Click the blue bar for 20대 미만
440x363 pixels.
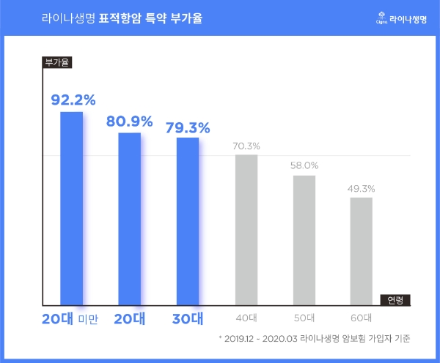pos(71,209)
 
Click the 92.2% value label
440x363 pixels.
pos(73,99)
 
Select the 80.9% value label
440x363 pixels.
pos(129,120)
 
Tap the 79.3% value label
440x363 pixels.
pos(188,126)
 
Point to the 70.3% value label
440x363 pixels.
pos(246,146)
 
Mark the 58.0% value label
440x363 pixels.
pos(304,165)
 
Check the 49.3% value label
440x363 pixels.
pos(361,188)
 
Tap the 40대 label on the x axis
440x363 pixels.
pos(246,318)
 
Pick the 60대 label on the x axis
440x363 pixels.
pos(361,318)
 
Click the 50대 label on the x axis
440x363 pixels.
pos(304,318)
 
